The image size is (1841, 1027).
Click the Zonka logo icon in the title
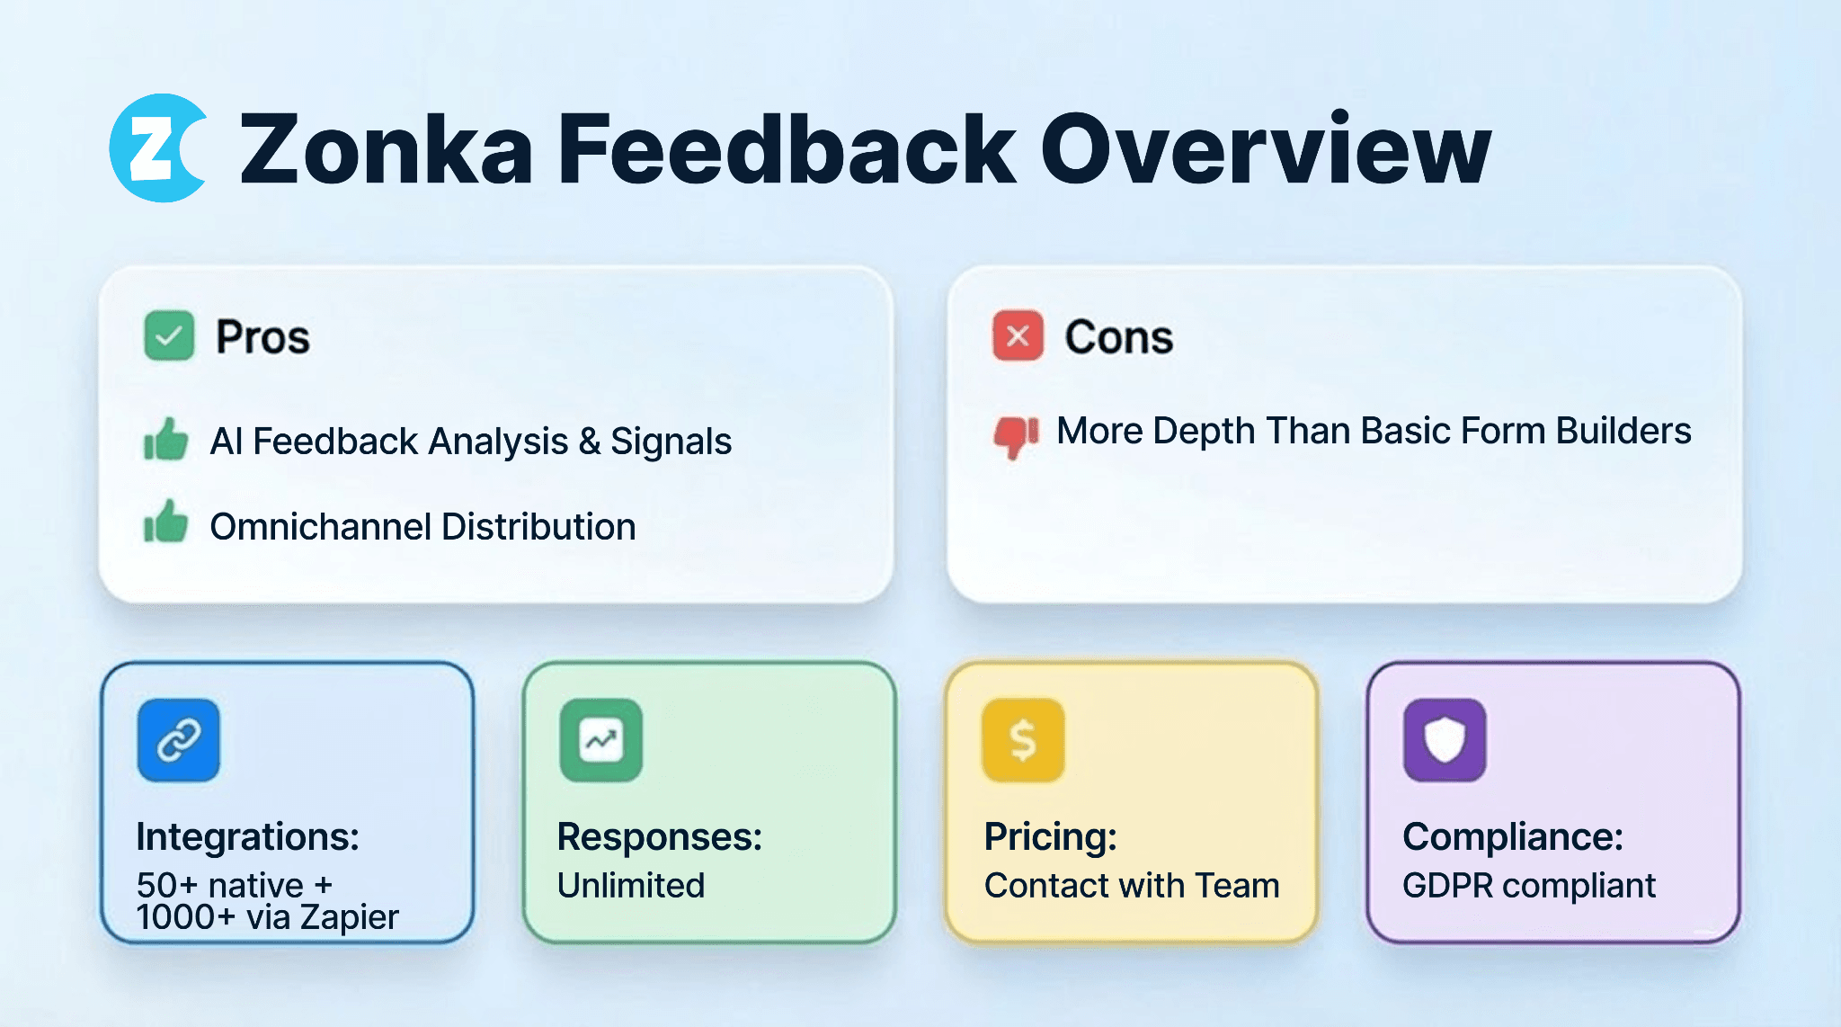[158, 148]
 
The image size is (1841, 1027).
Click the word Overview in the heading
[1266, 148]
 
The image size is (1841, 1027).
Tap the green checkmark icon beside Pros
[169, 335]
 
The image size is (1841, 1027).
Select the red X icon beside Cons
[1018, 335]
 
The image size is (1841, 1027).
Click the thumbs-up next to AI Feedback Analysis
[165, 439]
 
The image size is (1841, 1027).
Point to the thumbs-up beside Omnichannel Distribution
[165, 522]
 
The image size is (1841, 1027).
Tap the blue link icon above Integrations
[178, 740]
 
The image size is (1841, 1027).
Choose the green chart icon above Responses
[600, 740]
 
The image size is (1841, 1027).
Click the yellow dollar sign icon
[1023, 740]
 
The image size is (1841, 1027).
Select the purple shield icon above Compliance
[1445, 740]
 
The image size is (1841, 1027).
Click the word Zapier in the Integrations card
[349, 918]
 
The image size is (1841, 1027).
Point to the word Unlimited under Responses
[631, 886]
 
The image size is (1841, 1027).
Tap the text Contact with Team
[1132, 886]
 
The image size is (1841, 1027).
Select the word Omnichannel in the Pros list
[320, 527]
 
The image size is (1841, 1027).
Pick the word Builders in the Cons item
[1623, 431]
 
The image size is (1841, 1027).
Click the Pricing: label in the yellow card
[1050, 837]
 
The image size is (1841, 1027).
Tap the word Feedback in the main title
[787, 148]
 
